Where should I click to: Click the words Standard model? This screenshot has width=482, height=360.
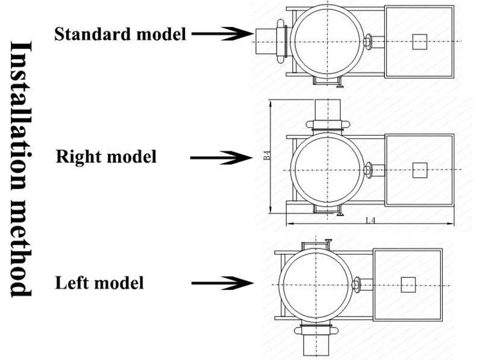(x=120, y=34)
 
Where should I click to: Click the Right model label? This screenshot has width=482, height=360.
(x=106, y=156)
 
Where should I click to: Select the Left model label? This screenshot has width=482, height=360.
(x=99, y=283)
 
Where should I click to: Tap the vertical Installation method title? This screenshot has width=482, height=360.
(x=22, y=169)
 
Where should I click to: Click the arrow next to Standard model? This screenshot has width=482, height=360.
(x=222, y=34)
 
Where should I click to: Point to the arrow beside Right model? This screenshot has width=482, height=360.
(x=221, y=158)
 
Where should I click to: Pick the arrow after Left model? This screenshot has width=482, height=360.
(x=222, y=283)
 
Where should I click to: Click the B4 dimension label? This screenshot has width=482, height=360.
(x=267, y=155)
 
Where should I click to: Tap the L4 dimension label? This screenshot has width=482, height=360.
(x=371, y=220)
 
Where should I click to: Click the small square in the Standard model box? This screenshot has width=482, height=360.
(x=419, y=42)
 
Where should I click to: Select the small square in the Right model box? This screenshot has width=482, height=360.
(x=419, y=170)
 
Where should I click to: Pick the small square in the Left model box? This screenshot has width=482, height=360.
(x=408, y=285)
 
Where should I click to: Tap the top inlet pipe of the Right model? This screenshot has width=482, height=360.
(x=328, y=110)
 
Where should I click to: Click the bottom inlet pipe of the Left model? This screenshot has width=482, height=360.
(x=316, y=345)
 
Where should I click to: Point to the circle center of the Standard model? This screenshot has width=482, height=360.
(x=328, y=42)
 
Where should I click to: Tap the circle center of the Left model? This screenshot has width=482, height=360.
(x=316, y=285)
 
